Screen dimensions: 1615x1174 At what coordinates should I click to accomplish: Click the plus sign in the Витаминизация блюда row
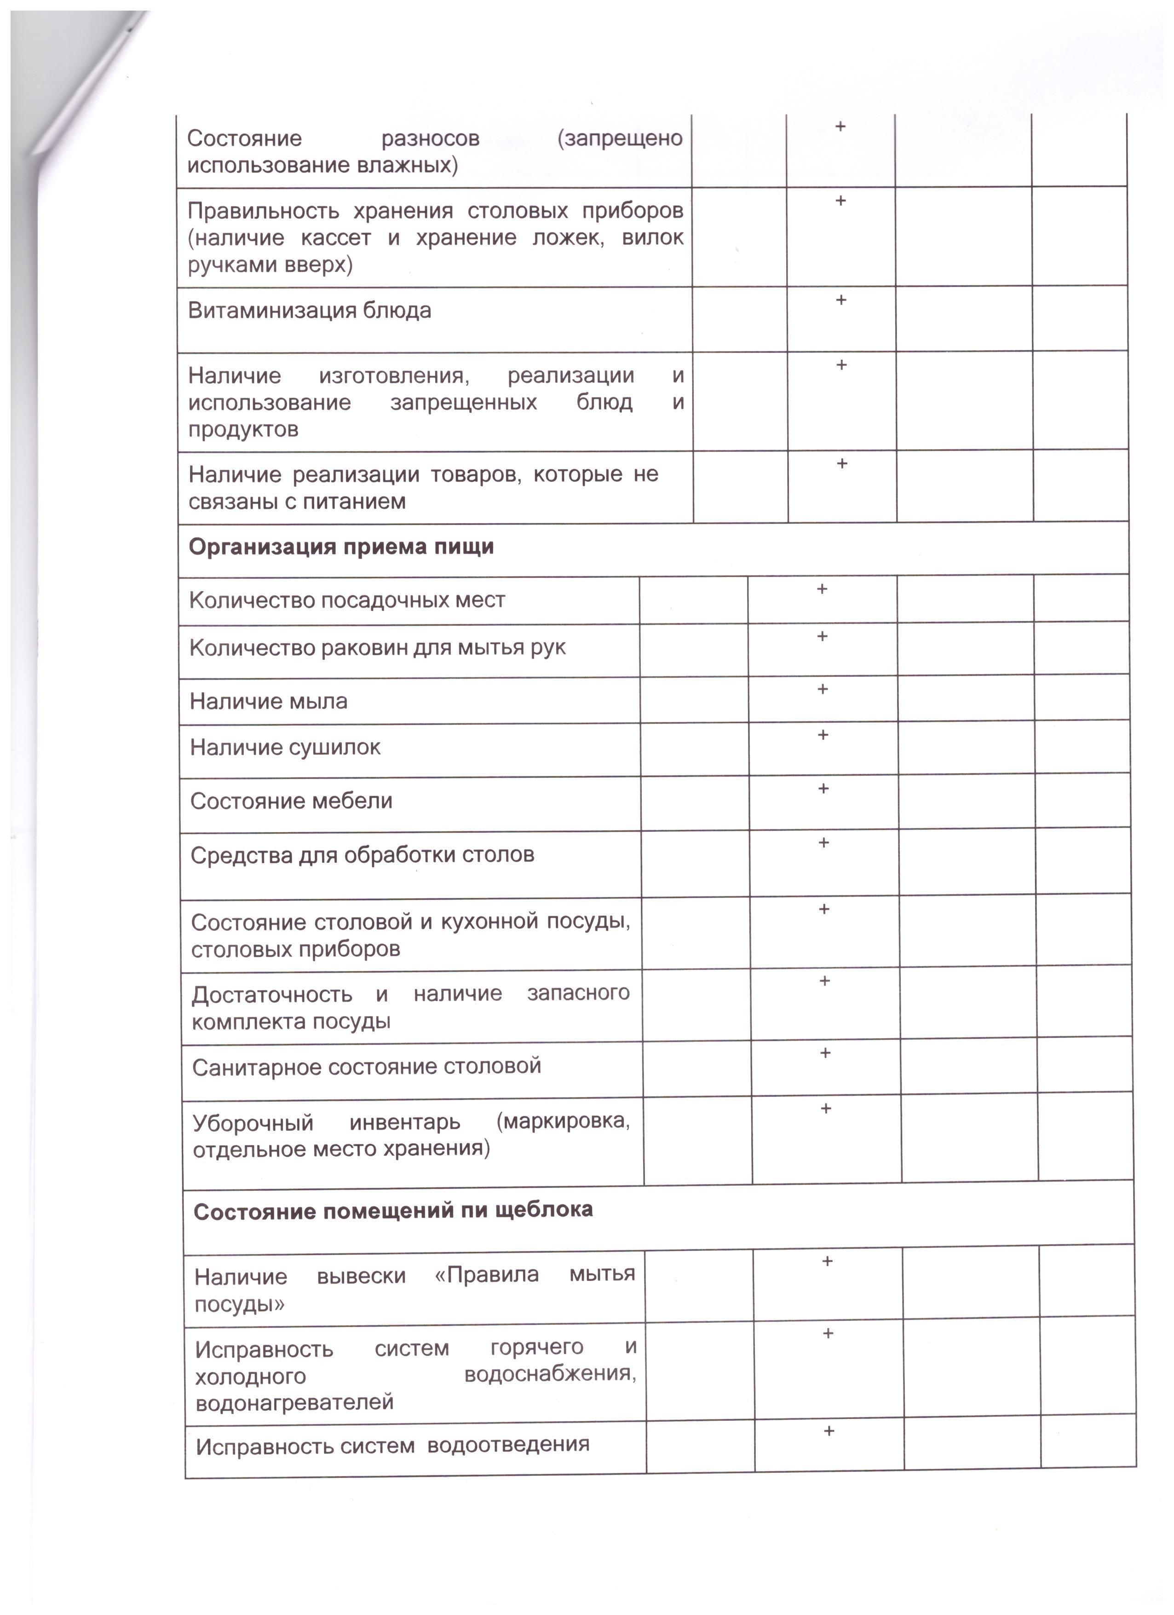tap(841, 300)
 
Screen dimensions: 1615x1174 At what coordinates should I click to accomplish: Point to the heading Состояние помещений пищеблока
tap(393, 1211)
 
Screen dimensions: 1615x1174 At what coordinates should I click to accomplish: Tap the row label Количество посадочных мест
tap(347, 600)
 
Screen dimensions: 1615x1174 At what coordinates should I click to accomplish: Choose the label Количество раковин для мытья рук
tap(377, 648)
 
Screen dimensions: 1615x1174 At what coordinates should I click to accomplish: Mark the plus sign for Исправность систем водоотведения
tap(829, 1431)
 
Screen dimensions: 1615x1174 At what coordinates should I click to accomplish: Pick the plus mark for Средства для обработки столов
tap(824, 842)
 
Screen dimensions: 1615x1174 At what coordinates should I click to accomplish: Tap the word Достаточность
tap(271, 994)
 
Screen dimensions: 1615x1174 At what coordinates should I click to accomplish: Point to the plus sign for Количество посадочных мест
tap(822, 589)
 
